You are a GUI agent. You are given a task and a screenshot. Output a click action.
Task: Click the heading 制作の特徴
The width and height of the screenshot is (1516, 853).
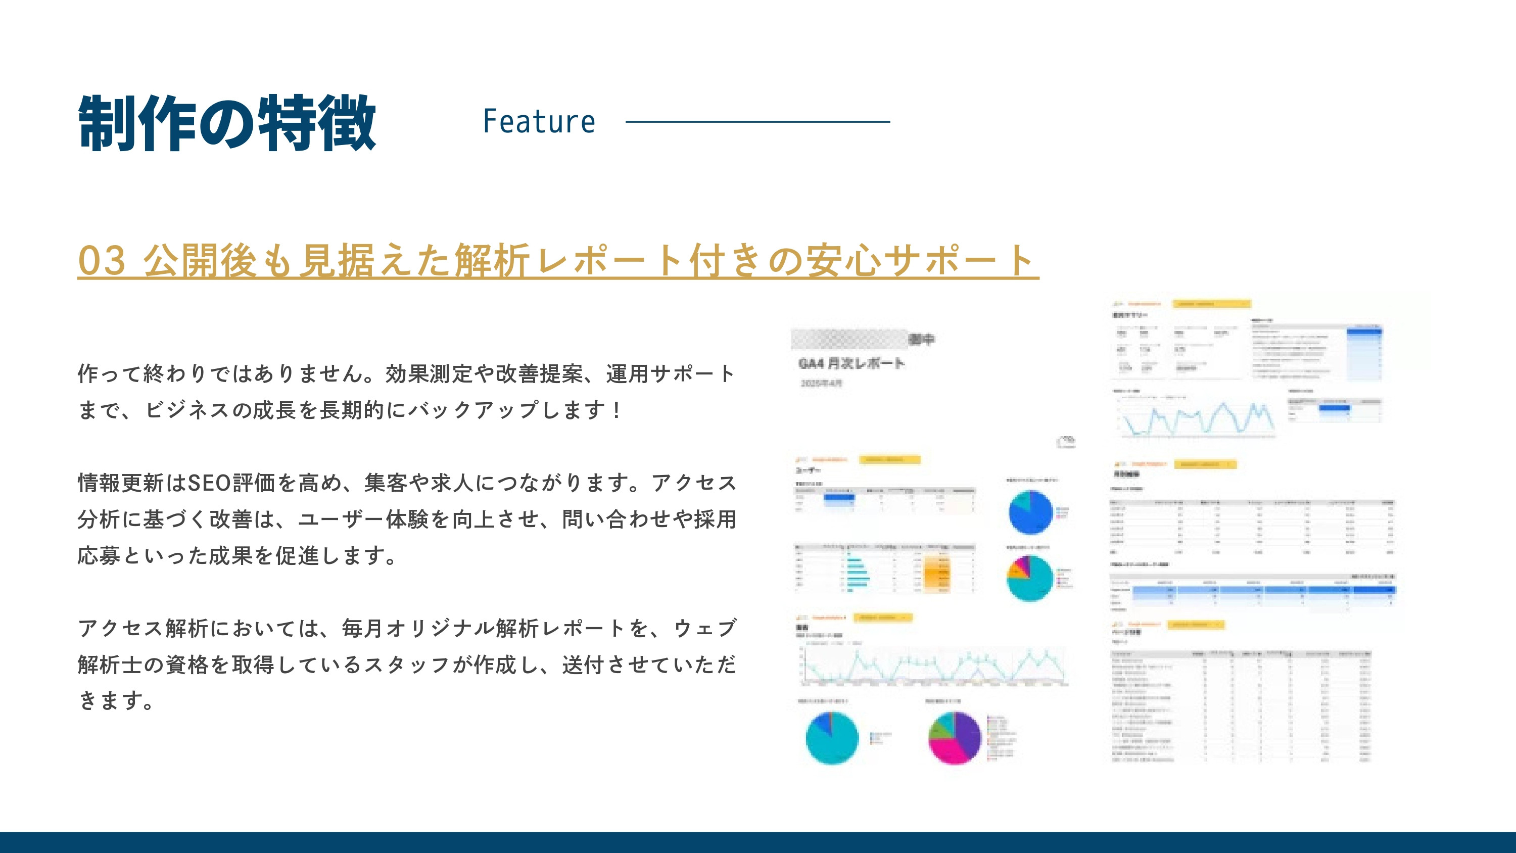tap(226, 123)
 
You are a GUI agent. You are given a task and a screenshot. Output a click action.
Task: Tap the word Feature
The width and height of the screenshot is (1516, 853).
tap(539, 122)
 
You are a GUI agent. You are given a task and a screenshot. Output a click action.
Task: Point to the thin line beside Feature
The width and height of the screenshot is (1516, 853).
tap(757, 122)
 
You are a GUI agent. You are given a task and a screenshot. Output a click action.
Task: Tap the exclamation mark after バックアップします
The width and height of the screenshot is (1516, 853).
tap(616, 410)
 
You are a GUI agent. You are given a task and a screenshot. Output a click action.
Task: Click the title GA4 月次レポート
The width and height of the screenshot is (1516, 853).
tap(851, 363)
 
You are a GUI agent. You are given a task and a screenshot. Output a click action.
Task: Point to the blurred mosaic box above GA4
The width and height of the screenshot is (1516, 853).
tap(848, 340)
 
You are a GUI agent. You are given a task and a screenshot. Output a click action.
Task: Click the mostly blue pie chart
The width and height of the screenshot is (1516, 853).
tap(1030, 512)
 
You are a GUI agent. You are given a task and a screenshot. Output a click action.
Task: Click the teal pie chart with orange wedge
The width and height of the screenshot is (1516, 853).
tap(1030, 578)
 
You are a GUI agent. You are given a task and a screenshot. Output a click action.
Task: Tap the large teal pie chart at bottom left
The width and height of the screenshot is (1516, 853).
tap(832, 738)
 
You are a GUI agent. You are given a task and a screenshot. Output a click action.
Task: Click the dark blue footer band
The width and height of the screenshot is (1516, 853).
tap(758, 842)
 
